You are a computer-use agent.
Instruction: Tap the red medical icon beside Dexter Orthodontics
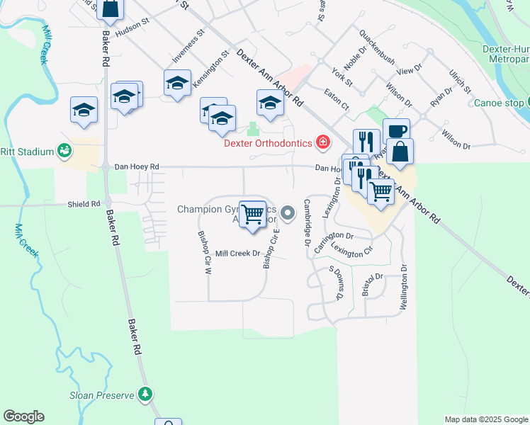pos(323,143)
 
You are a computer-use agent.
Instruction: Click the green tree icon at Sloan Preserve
pos(145,393)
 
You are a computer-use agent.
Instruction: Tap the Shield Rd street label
pos(84,204)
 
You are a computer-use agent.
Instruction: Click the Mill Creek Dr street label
pos(237,253)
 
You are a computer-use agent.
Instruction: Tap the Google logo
pos(23,416)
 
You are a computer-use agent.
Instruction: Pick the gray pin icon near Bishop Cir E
pos(287,212)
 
